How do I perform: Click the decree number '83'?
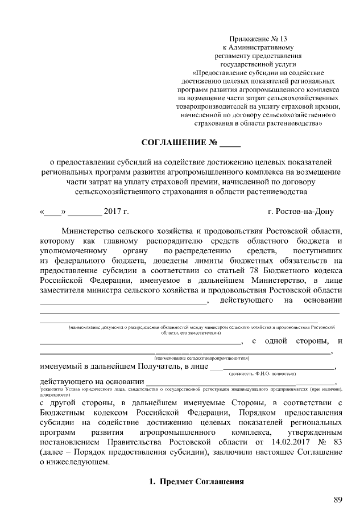(x=337, y=442)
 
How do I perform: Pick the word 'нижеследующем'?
(x=78, y=463)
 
